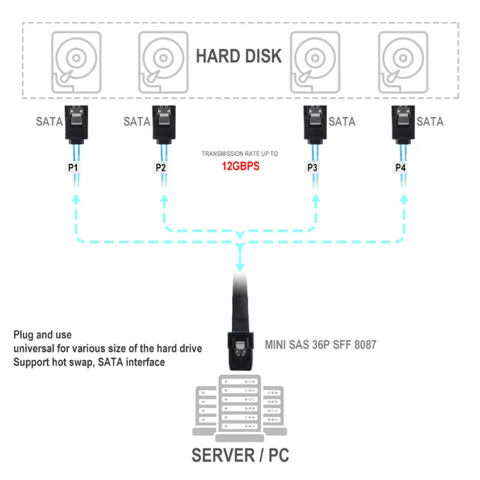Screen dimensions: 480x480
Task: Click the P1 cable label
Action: (73, 167)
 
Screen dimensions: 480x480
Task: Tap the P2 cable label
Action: (161, 167)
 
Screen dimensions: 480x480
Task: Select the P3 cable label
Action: (313, 167)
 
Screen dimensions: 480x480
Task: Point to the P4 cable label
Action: (400, 167)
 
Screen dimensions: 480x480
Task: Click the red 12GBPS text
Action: (239, 166)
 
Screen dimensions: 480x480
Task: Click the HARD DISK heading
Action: (239, 56)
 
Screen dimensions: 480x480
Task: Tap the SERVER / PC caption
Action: (240, 455)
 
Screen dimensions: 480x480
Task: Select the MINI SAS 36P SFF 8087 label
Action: (320, 345)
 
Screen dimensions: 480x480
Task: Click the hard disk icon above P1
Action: (76, 61)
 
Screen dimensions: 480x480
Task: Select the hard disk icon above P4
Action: (403, 61)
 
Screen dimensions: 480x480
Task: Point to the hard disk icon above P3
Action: (315, 61)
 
